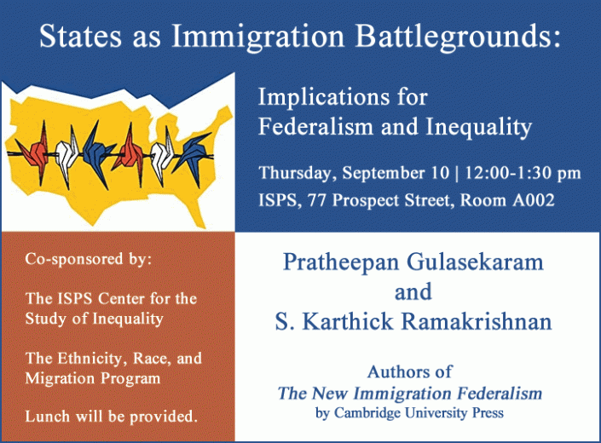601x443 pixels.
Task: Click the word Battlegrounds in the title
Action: tap(458, 37)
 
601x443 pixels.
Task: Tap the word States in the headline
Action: tap(80, 36)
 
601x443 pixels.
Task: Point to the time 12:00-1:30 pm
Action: tap(523, 173)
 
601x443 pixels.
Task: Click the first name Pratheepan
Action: tap(341, 263)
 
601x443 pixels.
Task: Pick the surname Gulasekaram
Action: tap(475, 262)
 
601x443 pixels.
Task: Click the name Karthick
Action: tap(348, 321)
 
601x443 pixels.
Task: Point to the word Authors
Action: tap(396, 371)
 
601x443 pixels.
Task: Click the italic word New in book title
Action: tap(329, 394)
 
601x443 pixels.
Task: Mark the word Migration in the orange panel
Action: tap(60, 378)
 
